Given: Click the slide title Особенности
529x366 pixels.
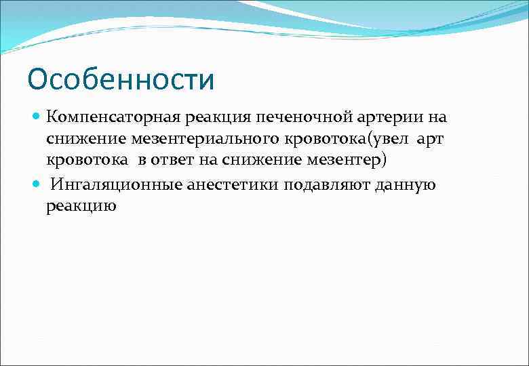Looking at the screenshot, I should pos(121,79).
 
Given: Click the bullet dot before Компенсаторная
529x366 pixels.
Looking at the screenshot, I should pos(37,117).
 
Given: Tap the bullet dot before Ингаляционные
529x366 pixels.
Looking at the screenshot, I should pos(37,185).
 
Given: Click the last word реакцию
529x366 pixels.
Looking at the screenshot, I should pos(81,207).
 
